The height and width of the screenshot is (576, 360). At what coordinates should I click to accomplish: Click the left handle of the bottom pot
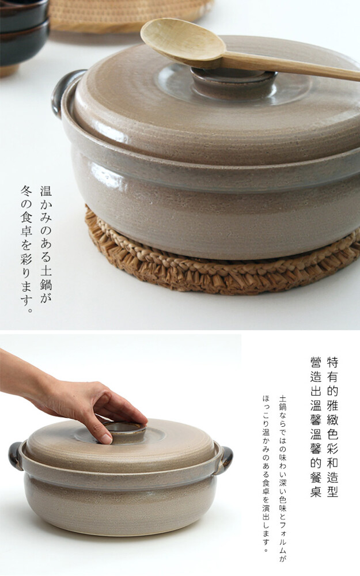tap(16, 456)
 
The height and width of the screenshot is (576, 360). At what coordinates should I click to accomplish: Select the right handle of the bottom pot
tap(225, 459)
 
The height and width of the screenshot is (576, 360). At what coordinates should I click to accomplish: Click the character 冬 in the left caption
tap(27, 191)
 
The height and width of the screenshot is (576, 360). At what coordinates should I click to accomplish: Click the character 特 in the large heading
tap(332, 362)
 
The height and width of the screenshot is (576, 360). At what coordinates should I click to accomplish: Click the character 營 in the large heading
tap(316, 362)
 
